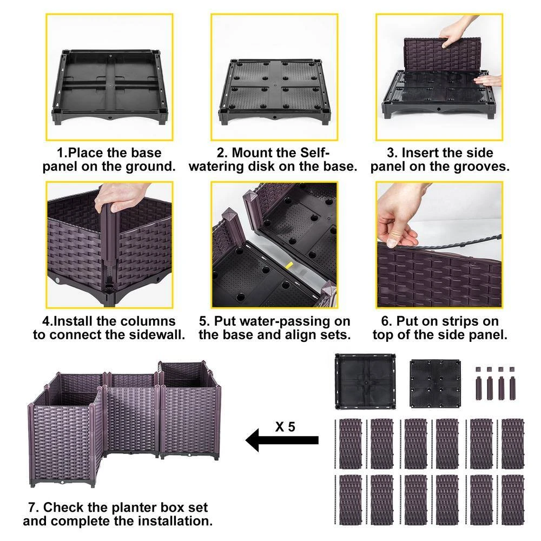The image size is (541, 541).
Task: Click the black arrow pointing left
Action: (x=281, y=440)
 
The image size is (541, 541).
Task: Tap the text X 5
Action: (x=285, y=426)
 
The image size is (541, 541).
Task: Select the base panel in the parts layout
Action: (x=365, y=381)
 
